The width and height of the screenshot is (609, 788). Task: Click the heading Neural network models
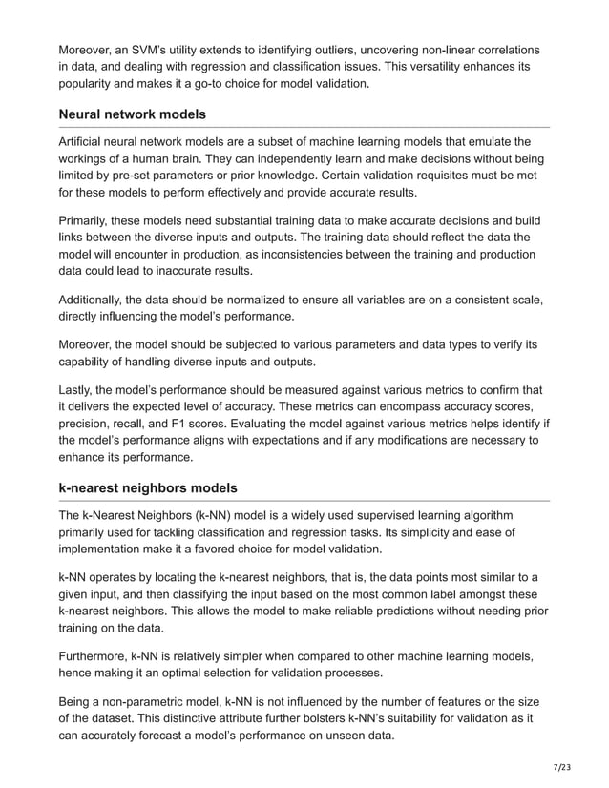coord(133,114)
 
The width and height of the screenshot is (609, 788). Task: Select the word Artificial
coord(87,142)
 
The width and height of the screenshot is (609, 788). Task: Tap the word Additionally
coord(96,300)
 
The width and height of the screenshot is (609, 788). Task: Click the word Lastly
coord(78,389)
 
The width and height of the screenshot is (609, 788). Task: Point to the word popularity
coord(92,83)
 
